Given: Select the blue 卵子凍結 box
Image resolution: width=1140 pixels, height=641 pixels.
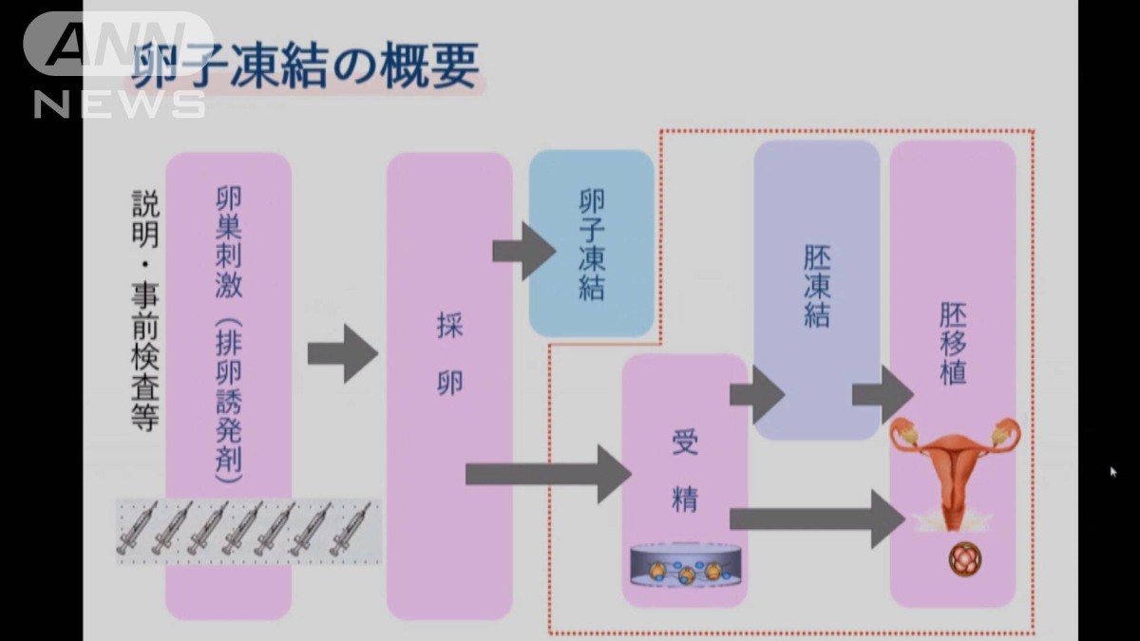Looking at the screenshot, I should (x=591, y=244).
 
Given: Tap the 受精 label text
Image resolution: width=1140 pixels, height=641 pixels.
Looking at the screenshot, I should (x=684, y=471).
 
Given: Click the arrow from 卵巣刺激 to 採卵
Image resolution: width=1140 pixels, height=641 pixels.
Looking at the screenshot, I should (x=342, y=353).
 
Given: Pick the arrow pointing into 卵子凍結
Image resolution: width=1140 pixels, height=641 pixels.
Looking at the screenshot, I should (x=523, y=252).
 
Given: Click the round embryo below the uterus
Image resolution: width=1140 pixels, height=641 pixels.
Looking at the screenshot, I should (x=962, y=559).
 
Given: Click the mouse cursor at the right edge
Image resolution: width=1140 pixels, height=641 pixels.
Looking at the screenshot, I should (x=1112, y=471).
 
